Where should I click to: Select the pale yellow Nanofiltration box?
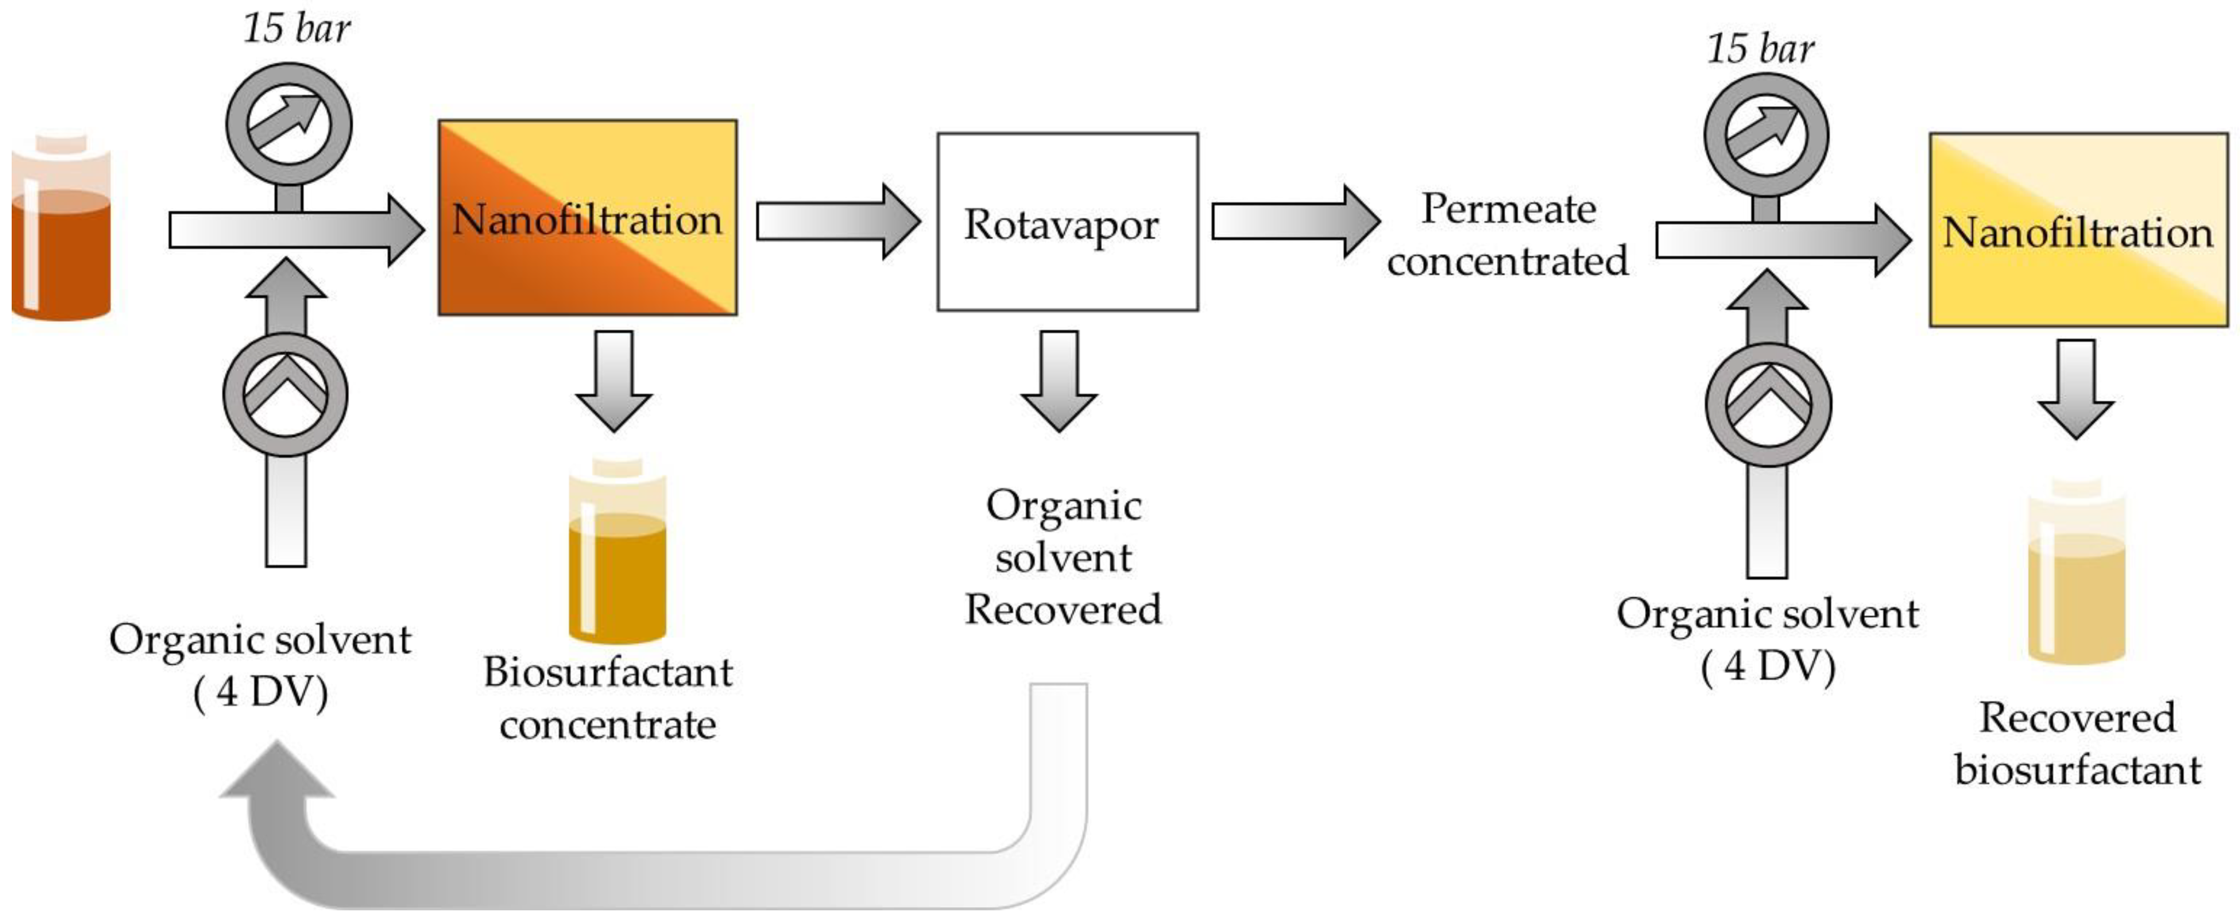(x=2078, y=231)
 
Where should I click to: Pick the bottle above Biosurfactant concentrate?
(x=617, y=552)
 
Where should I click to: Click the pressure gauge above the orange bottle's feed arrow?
(x=289, y=124)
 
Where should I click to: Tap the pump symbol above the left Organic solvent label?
(x=285, y=396)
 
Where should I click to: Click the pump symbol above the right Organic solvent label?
(x=1768, y=405)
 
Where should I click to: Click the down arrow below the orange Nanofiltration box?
(x=614, y=380)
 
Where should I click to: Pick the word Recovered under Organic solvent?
(x=1062, y=610)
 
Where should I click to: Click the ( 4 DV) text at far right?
(x=1768, y=667)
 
